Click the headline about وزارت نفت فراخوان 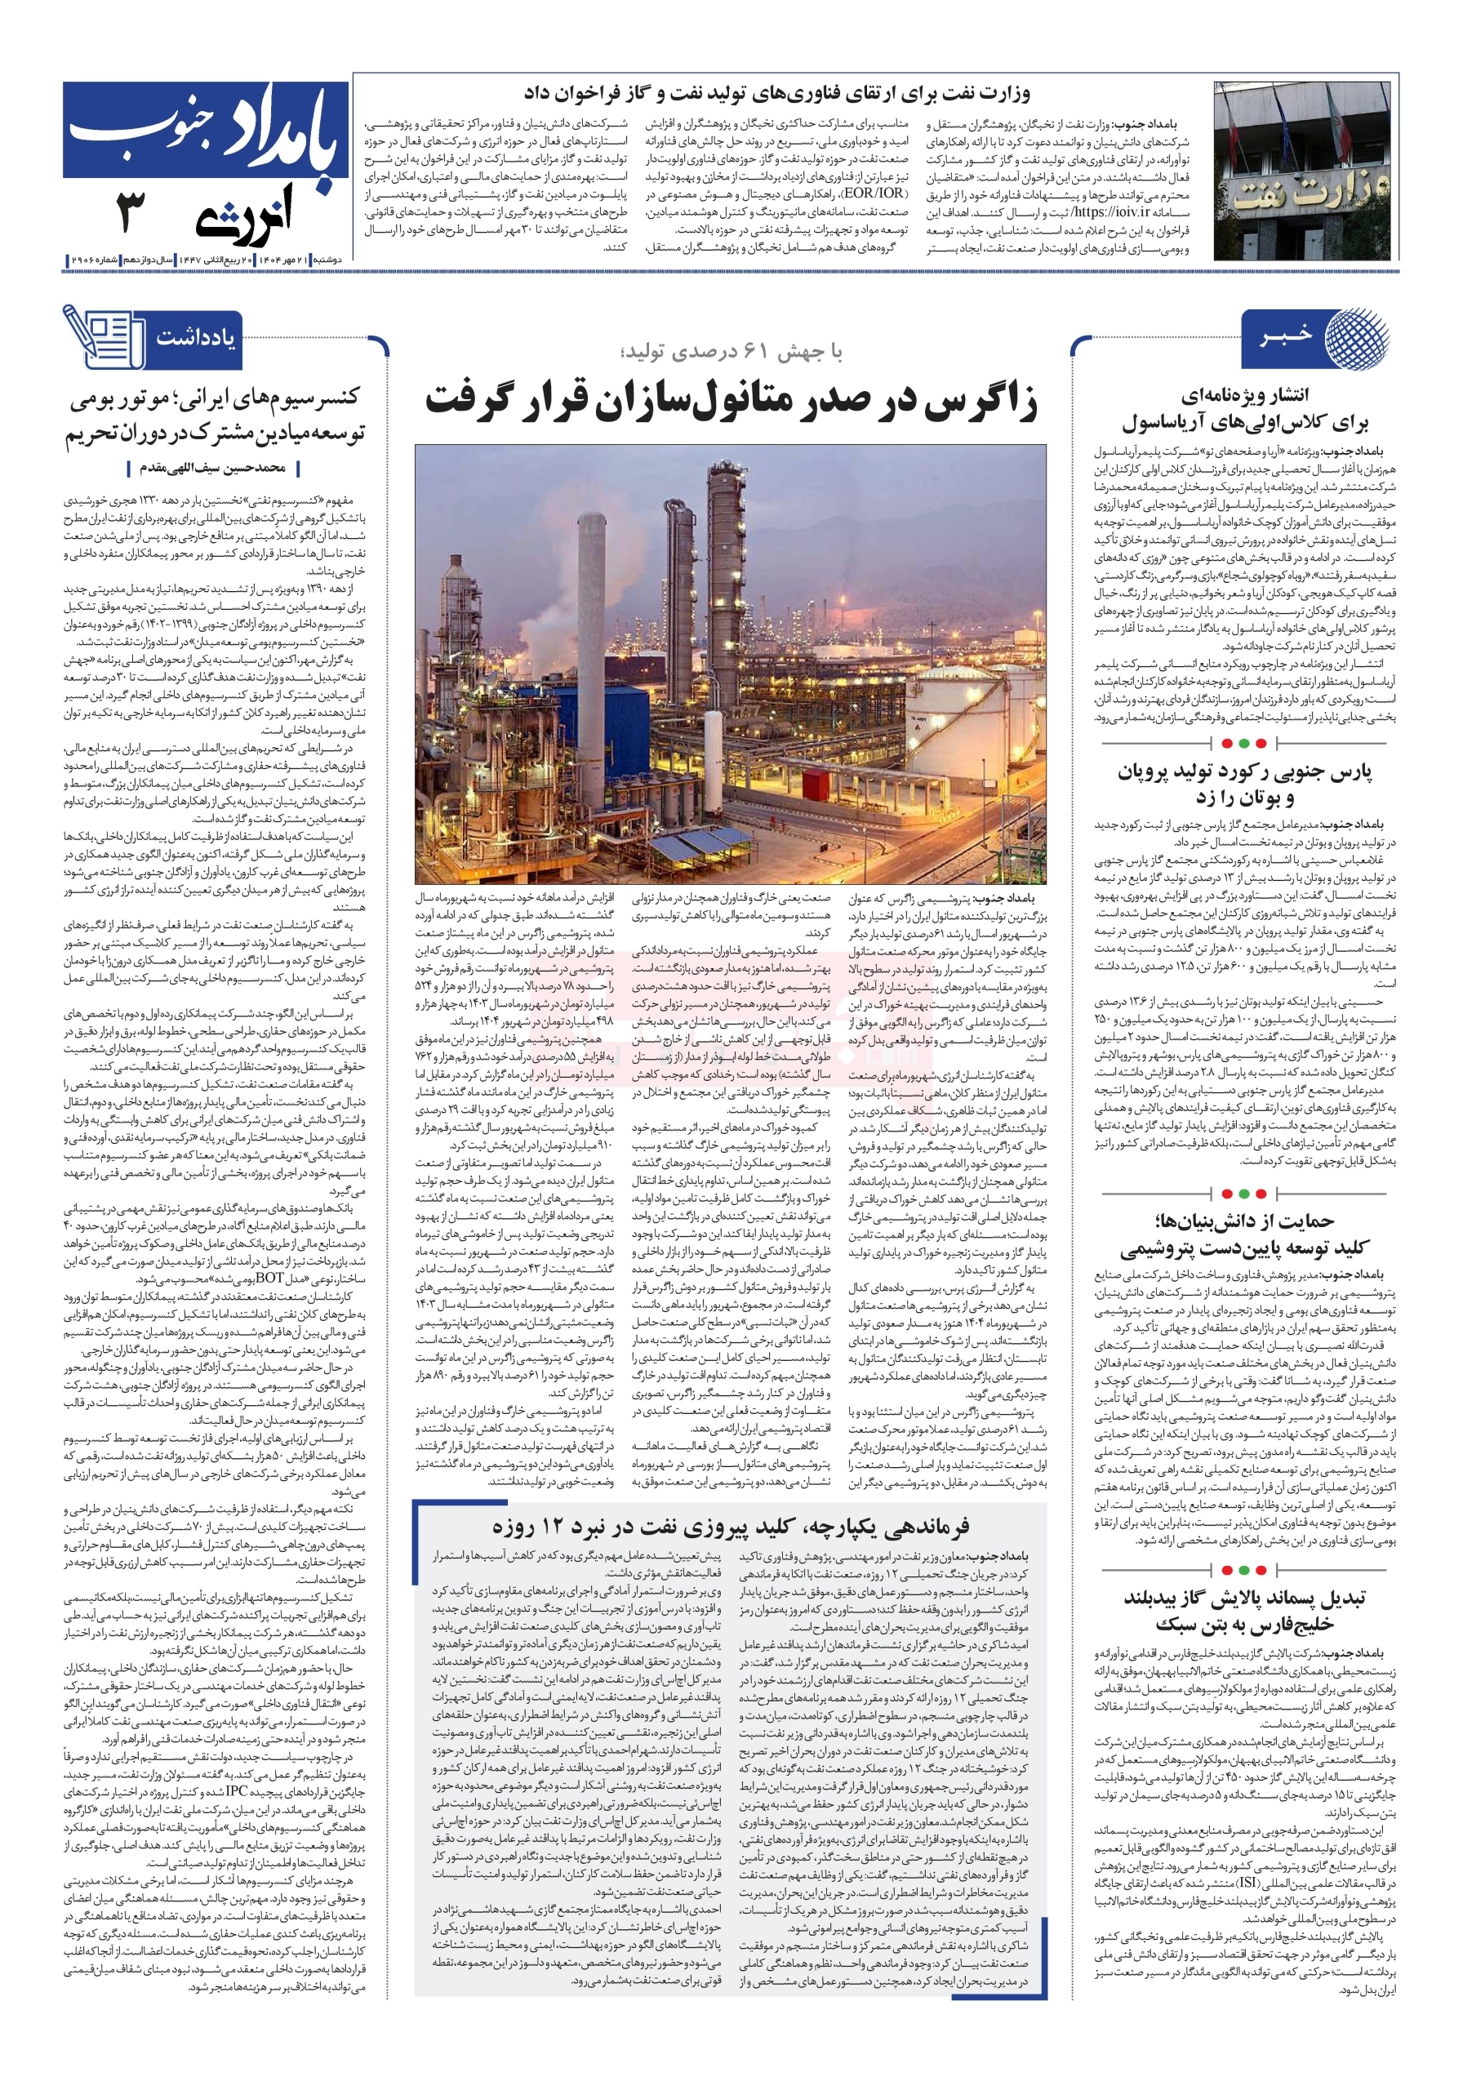click(776, 94)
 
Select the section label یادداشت click(195, 338)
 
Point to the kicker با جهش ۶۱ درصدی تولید click(731, 354)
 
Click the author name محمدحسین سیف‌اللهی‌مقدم click(213, 468)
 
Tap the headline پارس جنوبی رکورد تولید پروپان click(1244, 784)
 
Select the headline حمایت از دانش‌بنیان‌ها click(1244, 1234)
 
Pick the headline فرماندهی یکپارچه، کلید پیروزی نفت click(731, 1527)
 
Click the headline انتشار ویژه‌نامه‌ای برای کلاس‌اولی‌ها click(1244, 409)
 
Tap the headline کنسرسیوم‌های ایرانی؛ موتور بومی click(215, 414)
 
